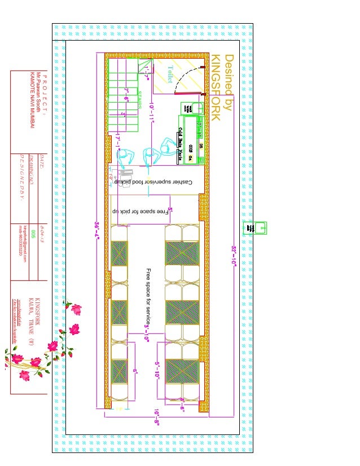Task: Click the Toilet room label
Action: tap(170, 74)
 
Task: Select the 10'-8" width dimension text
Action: tap(156, 416)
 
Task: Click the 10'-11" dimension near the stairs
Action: tap(152, 113)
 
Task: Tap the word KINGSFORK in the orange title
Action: tap(216, 87)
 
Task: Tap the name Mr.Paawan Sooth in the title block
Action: tap(38, 90)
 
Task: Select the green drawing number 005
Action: tap(34, 234)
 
